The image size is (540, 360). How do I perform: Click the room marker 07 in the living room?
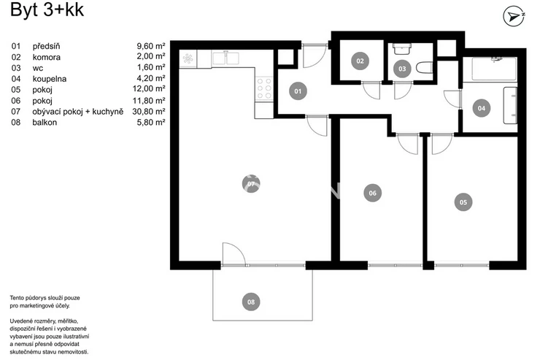click(251, 183)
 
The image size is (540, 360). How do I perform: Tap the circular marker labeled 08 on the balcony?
click(251, 302)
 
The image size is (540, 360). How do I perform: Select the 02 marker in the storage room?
click(360, 61)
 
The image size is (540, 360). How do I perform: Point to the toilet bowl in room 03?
click(424, 67)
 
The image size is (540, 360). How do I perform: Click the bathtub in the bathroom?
click(495, 69)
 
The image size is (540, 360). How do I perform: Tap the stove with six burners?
click(264, 89)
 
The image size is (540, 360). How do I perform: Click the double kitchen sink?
click(225, 58)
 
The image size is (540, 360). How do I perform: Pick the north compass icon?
click(514, 16)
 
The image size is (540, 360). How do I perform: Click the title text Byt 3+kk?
click(47, 9)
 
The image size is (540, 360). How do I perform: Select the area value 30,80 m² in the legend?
click(149, 111)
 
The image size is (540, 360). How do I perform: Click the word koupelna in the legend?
click(49, 79)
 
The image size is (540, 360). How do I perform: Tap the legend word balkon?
click(45, 122)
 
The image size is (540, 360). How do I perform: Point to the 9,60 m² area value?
click(151, 46)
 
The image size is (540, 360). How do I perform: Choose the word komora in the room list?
click(47, 57)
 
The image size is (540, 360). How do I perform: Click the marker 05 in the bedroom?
click(463, 202)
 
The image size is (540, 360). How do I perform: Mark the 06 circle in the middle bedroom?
click(373, 194)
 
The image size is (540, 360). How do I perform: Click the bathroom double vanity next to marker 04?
click(510, 105)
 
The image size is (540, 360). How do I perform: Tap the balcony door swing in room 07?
click(234, 254)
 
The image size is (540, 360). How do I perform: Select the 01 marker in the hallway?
click(298, 91)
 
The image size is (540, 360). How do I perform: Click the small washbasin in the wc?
click(402, 49)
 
